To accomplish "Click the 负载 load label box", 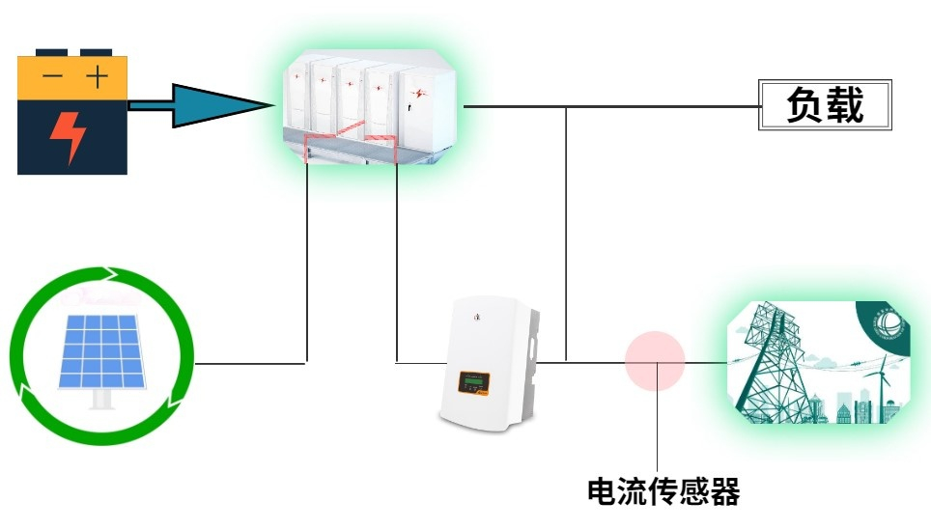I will (825, 105).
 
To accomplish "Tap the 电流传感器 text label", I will (663, 492).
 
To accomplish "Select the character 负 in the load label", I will (804, 105).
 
